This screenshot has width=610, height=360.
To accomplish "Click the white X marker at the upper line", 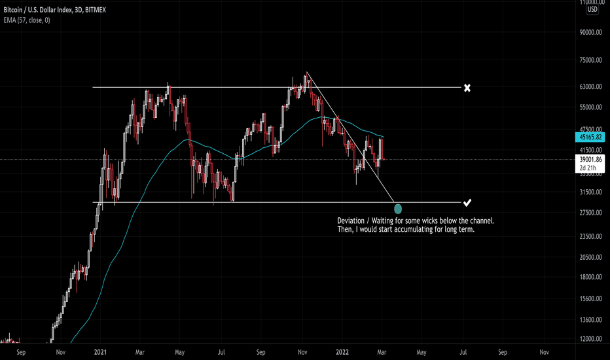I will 467,88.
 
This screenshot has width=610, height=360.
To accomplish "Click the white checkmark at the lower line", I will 467,202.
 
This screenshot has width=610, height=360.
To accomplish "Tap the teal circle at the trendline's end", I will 398,209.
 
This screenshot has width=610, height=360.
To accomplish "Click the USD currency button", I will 592,10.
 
